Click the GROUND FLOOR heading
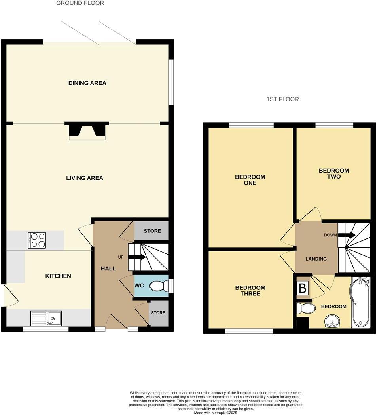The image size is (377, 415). click(80, 3)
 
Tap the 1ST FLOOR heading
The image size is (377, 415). click(282, 99)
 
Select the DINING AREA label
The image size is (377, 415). click(87, 83)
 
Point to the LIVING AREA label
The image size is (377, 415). click(84, 178)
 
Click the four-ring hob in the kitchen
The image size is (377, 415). click(37, 240)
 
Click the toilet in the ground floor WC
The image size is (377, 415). click(158, 286)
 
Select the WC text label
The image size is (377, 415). click(139, 286)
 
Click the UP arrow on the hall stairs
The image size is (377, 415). click(136, 257)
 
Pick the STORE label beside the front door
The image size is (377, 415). click(158, 313)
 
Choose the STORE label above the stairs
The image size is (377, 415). click(152, 231)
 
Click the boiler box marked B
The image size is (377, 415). click(303, 289)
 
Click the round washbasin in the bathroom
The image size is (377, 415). click(332, 322)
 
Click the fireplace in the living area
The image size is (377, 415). click(87, 131)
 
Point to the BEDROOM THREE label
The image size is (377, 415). click(250, 291)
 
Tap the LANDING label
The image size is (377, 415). click(316, 259)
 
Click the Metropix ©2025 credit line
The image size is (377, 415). click(215, 413)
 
